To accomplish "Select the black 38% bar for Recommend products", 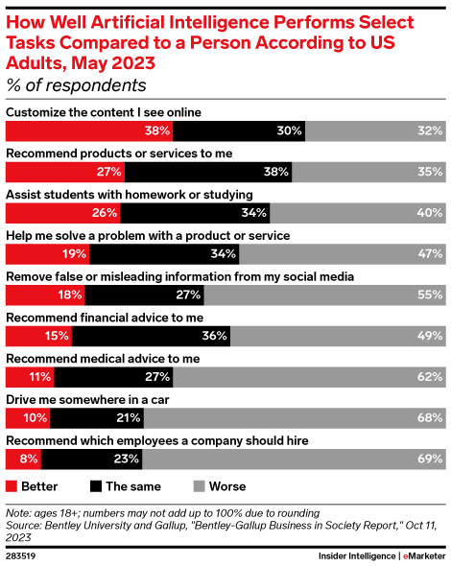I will coord(221,172).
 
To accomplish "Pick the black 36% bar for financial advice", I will coord(154,336).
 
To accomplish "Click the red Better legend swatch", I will coord(12,485).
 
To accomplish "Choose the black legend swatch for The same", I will coord(98,485).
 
